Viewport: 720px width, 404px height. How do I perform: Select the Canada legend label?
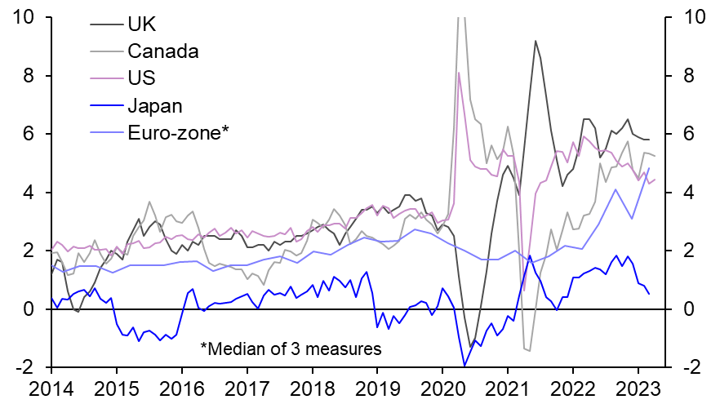pyautogui.click(x=163, y=51)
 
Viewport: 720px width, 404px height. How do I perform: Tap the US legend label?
pyautogui.click(x=141, y=78)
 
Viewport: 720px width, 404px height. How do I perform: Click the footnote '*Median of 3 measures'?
pyautogui.click(x=291, y=349)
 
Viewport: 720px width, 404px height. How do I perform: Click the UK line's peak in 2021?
pyautogui.click(x=535, y=41)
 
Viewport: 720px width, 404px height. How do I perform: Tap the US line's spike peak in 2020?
pyautogui.click(x=459, y=73)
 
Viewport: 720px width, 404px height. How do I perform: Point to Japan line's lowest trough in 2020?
pyautogui.click(x=464, y=366)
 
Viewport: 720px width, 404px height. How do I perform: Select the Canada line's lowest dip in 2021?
pyautogui.click(x=529, y=351)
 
